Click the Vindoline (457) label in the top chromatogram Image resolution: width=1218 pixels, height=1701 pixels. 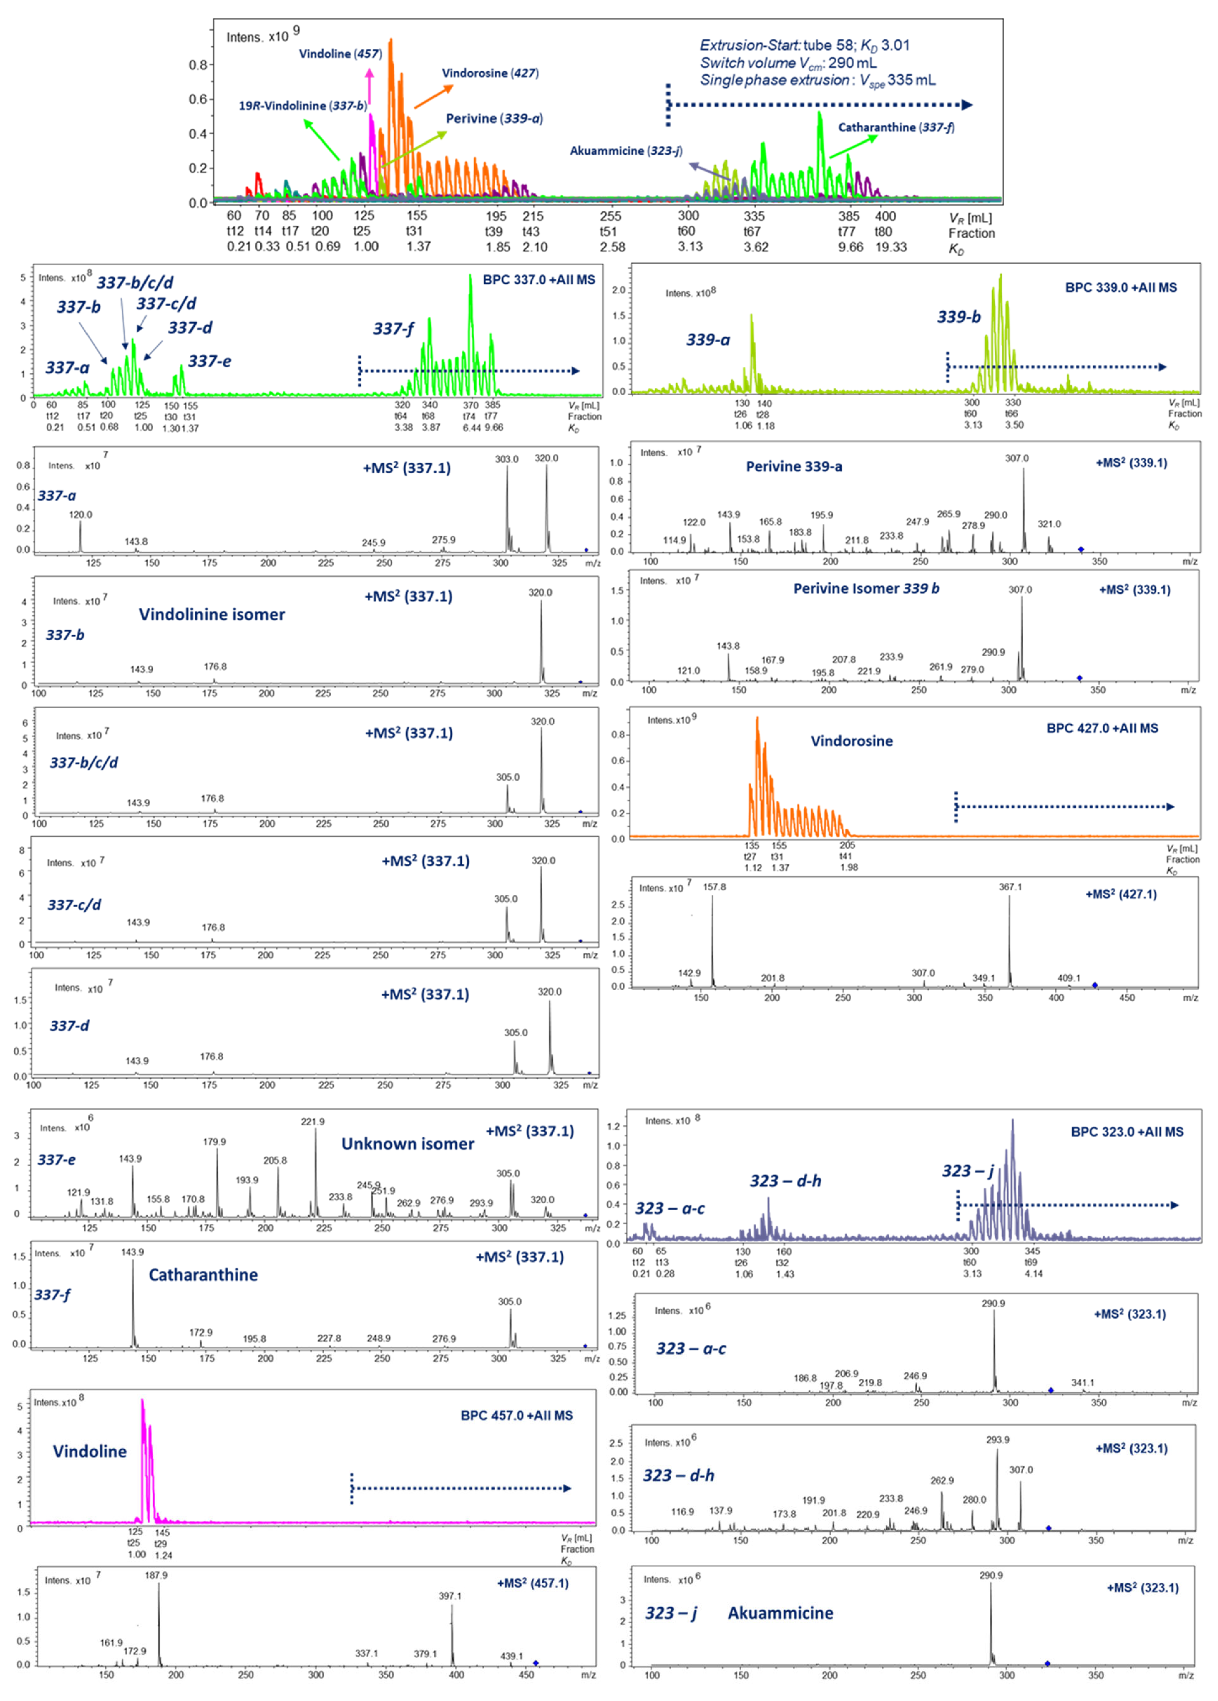(340, 54)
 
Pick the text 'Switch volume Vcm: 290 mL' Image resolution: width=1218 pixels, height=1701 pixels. (788, 63)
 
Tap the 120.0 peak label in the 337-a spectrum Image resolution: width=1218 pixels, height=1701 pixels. (80, 514)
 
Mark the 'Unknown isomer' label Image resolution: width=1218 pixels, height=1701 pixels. (407, 1144)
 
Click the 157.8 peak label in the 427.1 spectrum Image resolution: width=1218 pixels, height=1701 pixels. (714, 887)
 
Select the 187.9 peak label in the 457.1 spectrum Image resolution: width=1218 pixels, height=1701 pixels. (156, 1575)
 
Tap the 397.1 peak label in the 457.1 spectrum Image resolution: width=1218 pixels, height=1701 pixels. (450, 1596)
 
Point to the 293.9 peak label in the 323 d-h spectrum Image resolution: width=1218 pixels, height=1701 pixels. (997, 1440)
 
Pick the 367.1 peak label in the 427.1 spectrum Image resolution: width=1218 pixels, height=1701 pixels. (1009, 887)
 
